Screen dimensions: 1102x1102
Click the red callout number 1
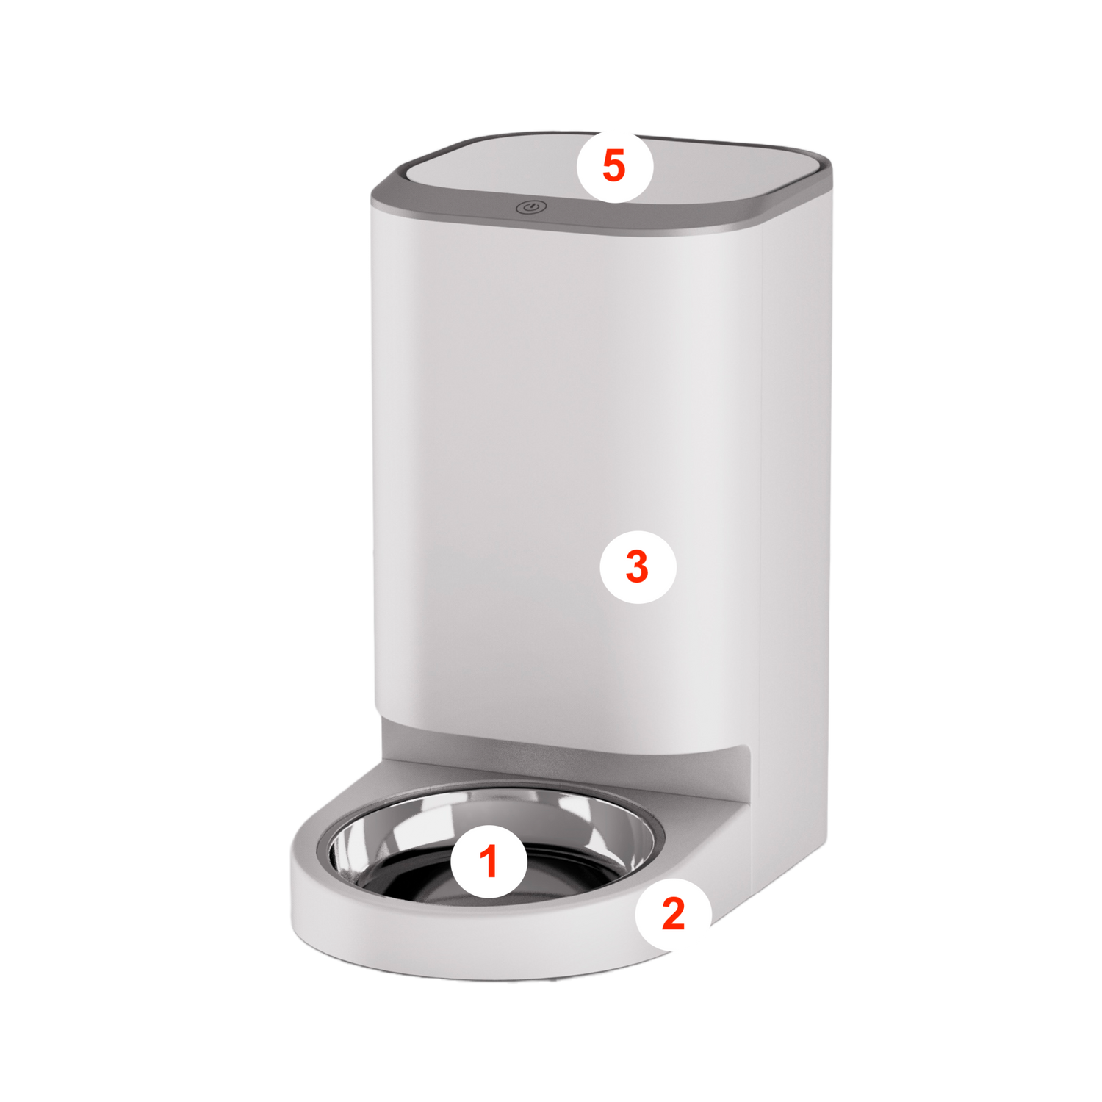pos(489,860)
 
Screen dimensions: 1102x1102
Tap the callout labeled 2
pos(673,913)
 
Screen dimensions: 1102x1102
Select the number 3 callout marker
pos(638,566)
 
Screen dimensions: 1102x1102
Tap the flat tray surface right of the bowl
pos(698,815)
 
